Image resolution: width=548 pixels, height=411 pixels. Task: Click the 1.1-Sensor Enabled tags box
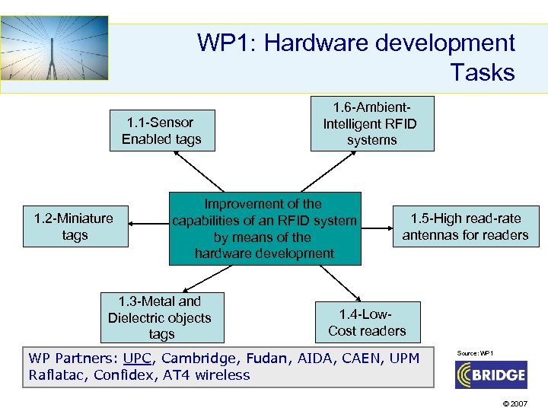[x=161, y=131]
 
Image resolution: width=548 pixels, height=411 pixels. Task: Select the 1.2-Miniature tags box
[x=74, y=227]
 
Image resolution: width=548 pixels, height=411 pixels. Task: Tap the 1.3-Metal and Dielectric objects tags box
[x=161, y=317]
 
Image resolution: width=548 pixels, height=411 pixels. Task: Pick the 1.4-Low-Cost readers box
[x=367, y=322]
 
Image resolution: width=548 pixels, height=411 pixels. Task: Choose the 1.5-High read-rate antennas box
[x=465, y=227]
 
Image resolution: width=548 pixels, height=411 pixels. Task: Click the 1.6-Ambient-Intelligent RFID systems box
[x=371, y=123]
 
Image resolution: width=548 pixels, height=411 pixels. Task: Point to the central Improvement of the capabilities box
[x=264, y=228]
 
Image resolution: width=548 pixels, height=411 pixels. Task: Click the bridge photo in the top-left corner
[x=54, y=48]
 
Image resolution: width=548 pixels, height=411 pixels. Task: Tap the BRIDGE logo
[x=490, y=374]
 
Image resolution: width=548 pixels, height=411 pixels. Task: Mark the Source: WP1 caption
[x=475, y=353]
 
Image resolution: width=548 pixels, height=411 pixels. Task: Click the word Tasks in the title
[x=482, y=73]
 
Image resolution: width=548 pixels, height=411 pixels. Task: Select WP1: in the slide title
[x=226, y=43]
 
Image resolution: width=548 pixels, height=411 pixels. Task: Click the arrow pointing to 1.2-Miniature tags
[x=148, y=224]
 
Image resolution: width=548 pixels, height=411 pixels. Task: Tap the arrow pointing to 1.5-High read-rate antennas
[x=378, y=224]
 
